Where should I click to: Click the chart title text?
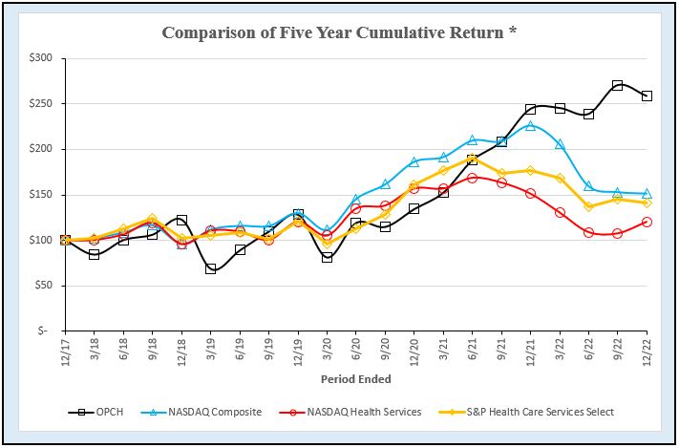coord(340,32)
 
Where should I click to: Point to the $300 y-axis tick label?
coord(41,58)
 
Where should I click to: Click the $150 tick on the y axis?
coord(41,195)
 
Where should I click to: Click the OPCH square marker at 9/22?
coord(618,85)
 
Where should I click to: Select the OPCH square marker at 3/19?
coord(211,269)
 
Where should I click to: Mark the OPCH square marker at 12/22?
coord(647,96)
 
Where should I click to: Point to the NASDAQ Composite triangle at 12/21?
coord(531,125)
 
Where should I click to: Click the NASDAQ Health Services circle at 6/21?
coord(473,178)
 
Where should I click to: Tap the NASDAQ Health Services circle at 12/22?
coord(647,222)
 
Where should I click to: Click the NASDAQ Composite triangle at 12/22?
coord(647,194)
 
